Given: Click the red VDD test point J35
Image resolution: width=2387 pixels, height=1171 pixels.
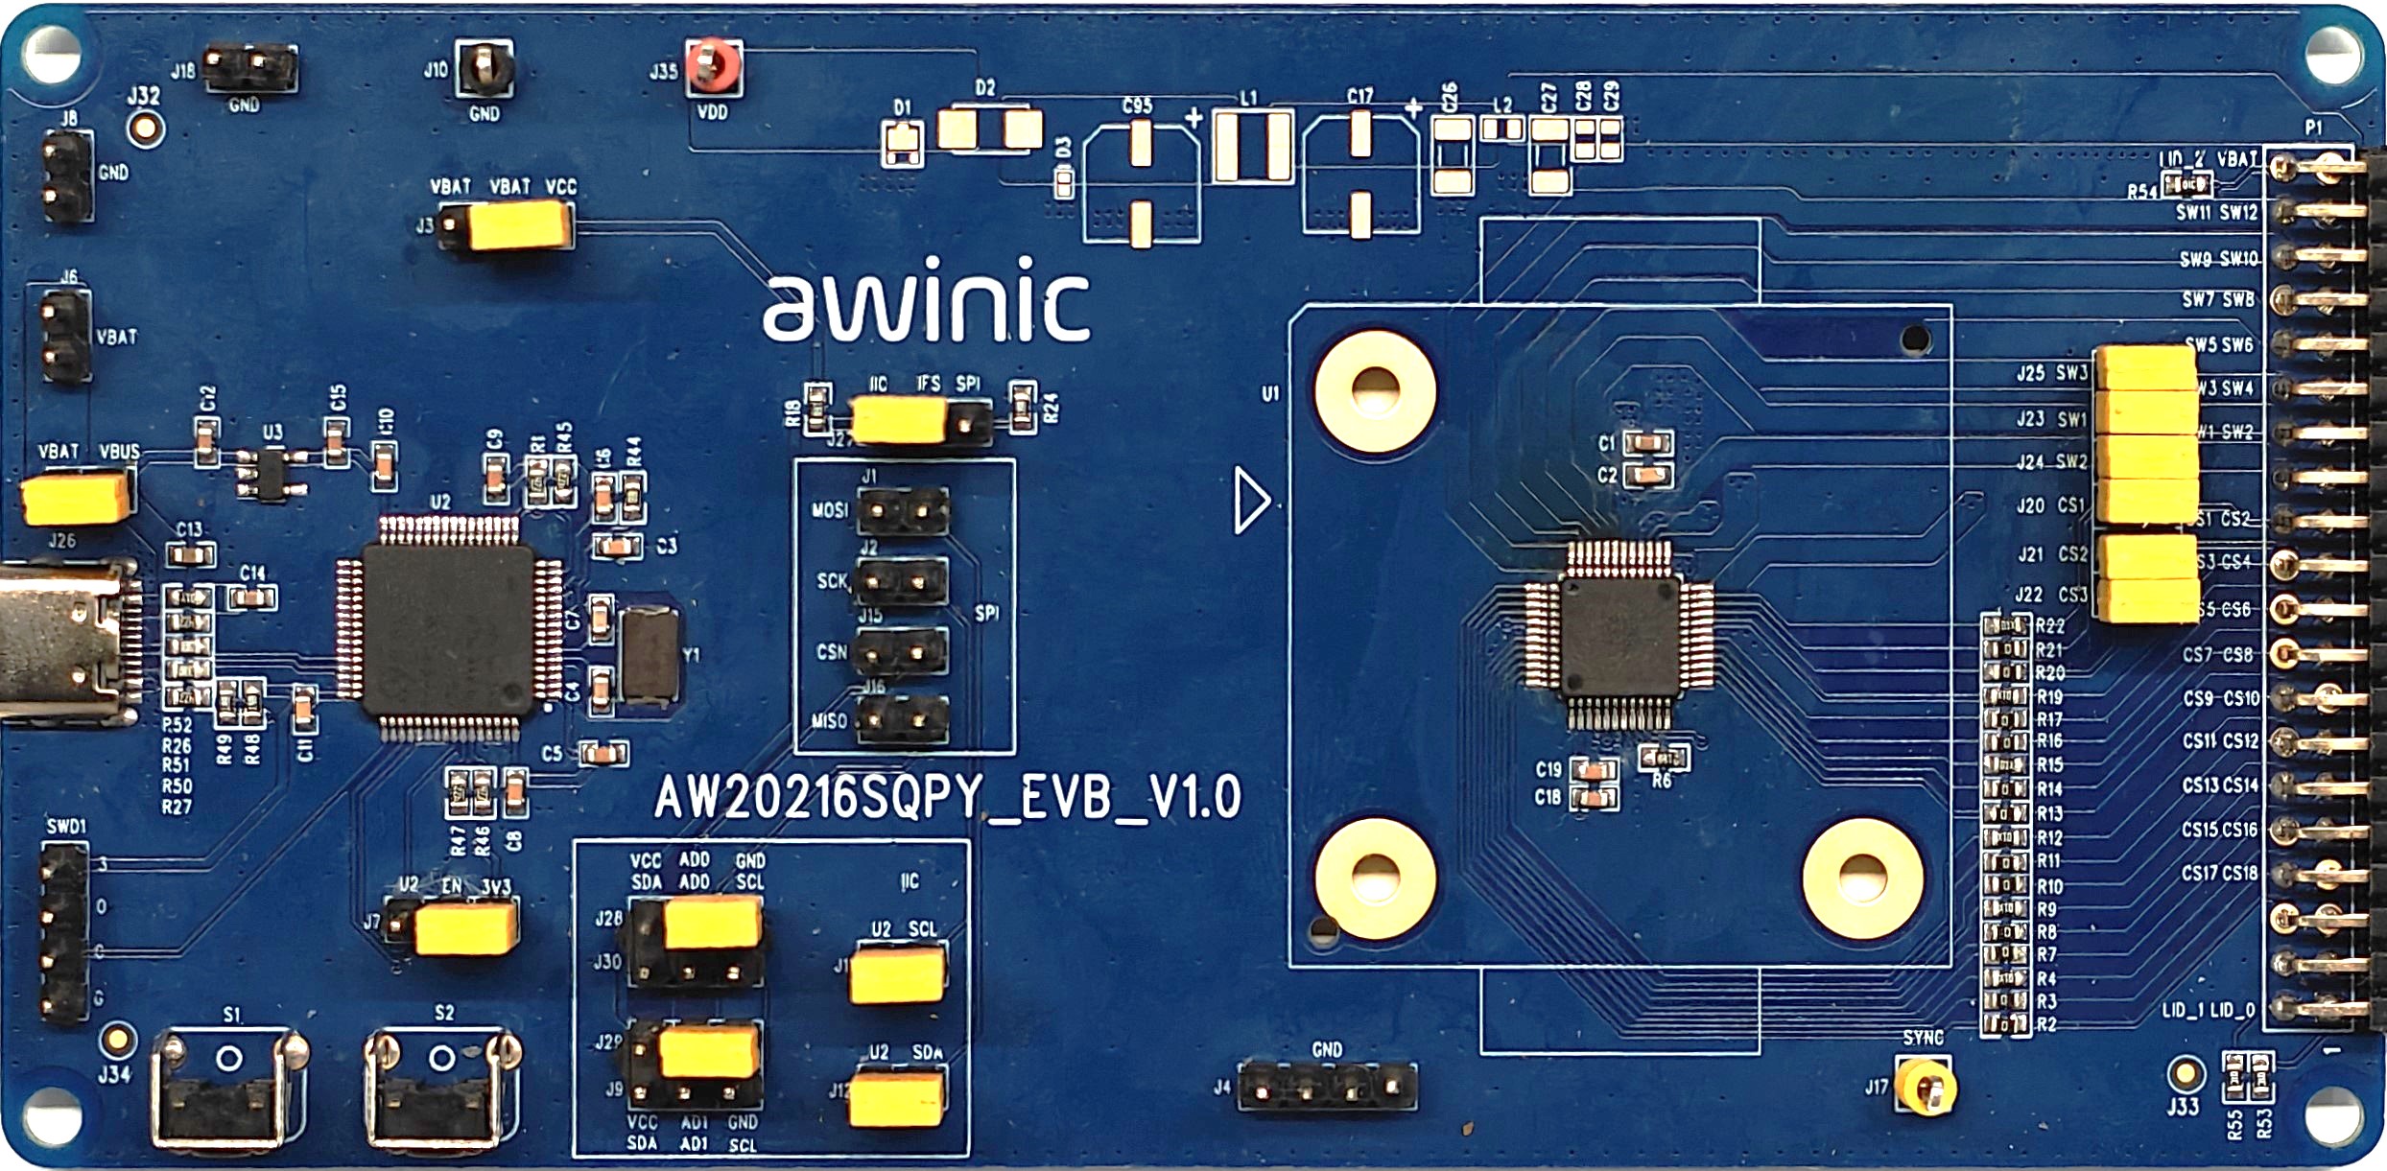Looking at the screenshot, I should pos(713,66).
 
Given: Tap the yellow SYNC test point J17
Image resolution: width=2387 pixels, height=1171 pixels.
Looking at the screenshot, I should pos(1926,1087).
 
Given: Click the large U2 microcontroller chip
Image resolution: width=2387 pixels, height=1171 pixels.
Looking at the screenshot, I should pos(447,629).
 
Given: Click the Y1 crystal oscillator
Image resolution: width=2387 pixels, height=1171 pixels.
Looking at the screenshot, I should pos(650,656).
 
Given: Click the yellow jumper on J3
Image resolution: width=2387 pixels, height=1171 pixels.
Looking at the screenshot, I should pos(519,226).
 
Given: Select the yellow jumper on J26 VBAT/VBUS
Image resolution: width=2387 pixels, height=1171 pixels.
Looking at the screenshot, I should pos(75,498).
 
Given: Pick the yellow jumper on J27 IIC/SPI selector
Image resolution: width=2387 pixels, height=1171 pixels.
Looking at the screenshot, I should pos(899,421).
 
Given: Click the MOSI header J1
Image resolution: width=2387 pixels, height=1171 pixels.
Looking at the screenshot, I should pos(902,511).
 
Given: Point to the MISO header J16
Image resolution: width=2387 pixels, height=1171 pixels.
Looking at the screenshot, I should pos(902,720).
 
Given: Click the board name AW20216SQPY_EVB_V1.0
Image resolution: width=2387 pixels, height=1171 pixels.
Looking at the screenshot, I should pos(948,796).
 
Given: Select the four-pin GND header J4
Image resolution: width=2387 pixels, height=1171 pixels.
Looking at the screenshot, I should pos(1327,1089).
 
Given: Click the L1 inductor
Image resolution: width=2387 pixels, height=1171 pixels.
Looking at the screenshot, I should pos(1252,146).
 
